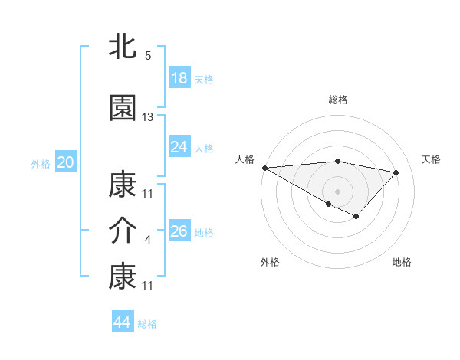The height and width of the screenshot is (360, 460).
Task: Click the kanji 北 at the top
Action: coord(123,47)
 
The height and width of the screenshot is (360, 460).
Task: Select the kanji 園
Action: coord(123,108)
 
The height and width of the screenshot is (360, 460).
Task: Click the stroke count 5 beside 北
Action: coord(148,56)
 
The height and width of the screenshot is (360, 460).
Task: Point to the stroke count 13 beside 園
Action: coord(148,117)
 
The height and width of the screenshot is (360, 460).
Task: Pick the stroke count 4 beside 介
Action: coord(148,240)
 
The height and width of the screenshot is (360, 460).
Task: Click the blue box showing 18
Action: coord(179,78)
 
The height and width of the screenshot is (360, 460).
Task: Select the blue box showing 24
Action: coord(179,146)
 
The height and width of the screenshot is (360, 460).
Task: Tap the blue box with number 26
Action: coord(179,231)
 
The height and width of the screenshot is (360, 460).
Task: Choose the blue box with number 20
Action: coord(65,162)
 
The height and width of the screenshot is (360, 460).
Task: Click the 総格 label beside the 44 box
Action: coord(147,324)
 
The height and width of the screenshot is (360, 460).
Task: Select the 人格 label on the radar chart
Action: coord(245,159)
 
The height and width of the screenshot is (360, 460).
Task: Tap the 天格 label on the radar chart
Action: coord(431,159)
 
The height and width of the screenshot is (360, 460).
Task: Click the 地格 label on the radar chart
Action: coord(402,262)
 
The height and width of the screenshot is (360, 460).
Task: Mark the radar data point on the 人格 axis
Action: coord(264,168)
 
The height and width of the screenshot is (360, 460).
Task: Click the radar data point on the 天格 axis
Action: coord(396,172)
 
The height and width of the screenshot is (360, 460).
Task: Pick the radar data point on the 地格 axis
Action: coord(356,217)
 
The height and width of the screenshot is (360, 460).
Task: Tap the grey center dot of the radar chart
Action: coord(337,191)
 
